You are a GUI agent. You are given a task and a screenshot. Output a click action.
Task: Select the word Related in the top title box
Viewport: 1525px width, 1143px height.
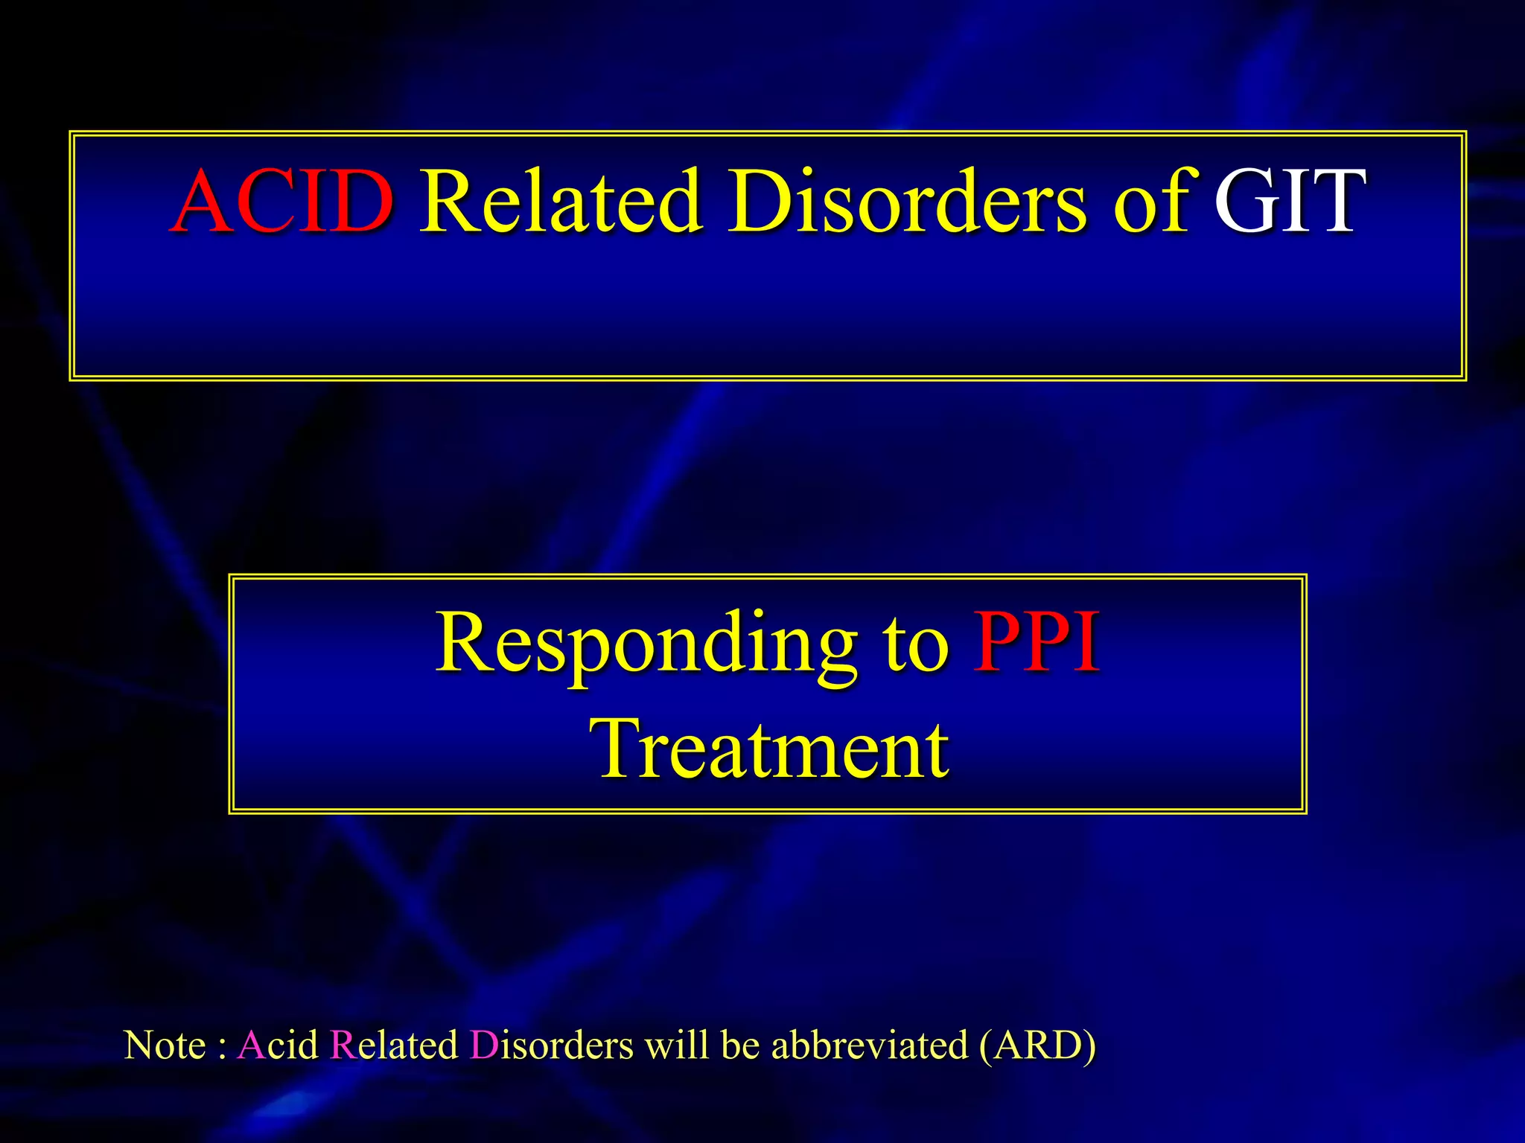pyautogui.click(x=560, y=201)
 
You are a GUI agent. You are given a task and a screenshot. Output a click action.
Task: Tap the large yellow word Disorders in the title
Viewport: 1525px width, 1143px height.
pyautogui.click(x=907, y=201)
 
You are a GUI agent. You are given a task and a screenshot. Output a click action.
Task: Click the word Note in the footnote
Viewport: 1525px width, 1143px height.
pyautogui.click(x=165, y=1045)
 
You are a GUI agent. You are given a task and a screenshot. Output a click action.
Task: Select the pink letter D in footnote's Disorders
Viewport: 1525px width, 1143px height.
pyautogui.click(x=483, y=1045)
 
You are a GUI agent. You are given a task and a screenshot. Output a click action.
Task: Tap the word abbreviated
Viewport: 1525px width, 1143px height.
pyautogui.click(x=869, y=1045)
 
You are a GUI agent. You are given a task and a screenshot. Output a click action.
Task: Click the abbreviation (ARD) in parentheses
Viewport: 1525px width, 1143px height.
pyautogui.click(x=1037, y=1045)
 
